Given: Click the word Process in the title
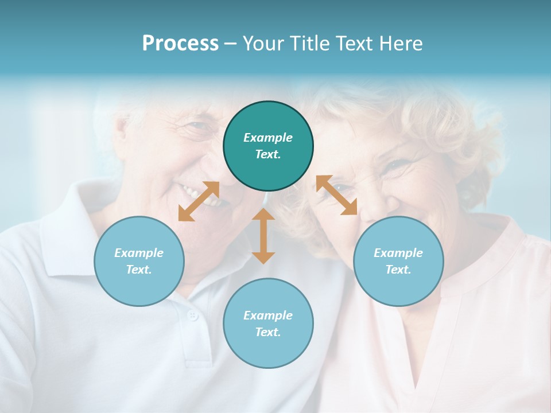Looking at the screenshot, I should tap(180, 44).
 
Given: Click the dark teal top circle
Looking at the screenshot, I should tap(268, 146).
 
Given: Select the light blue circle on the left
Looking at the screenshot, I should tap(139, 261).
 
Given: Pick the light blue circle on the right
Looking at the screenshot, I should tap(398, 261).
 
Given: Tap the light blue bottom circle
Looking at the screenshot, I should tap(268, 323).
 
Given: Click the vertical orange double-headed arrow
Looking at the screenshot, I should tap(263, 236).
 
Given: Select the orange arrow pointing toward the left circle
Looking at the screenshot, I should tap(199, 201).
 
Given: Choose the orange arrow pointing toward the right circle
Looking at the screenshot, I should tap(336, 195).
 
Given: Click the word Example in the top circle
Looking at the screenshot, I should tap(268, 138).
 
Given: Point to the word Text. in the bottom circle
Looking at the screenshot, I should tap(268, 332).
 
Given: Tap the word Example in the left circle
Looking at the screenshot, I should tap(139, 253).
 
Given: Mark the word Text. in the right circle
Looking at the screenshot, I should tap(398, 270).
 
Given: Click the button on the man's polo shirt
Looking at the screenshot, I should tap(193, 315).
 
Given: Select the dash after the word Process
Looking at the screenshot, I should tap(230, 44).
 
